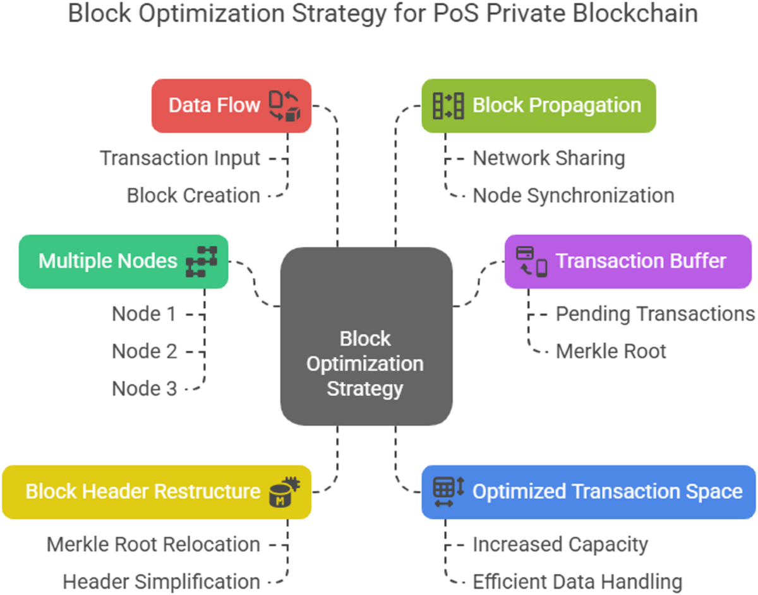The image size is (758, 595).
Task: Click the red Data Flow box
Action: click(x=231, y=106)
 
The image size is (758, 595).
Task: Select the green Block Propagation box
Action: click(x=538, y=106)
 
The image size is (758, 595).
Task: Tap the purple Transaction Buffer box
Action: click(x=628, y=261)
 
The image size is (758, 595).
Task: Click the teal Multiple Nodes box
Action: click(x=123, y=261)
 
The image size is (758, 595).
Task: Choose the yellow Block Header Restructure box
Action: click(x=157, y=492)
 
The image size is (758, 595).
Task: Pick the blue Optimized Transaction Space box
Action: click(x=588, y=492)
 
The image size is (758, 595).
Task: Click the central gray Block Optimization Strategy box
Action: click(x=366, y=336)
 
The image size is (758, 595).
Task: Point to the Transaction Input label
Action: click(x=180, y=158)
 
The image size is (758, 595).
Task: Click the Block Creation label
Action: click(x=193, y=195)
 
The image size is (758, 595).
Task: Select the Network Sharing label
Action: click(x=549, y=158)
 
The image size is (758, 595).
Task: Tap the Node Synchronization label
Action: click(x=574, y=195)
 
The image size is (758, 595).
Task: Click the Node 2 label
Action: click(x=145, y=351)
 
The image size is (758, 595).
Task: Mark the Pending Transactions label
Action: click(x=655, y=314)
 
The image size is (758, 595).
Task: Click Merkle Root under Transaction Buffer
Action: click(x=611, y=351)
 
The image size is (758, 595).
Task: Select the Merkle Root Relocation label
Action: click(x=153, y=544)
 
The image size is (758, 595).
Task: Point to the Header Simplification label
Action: click(x=162, y=581)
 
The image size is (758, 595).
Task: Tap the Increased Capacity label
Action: click(x=560, y=544)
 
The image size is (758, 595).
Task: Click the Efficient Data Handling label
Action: click(x=577, y=581)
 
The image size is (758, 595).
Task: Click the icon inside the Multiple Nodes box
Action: click(x=202, y=262)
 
